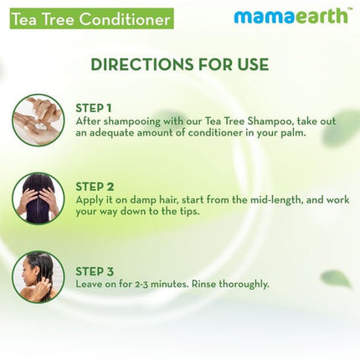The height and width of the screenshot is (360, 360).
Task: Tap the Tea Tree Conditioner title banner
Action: [x=86, y=18]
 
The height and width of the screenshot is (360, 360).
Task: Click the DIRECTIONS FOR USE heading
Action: [x=180, y=64]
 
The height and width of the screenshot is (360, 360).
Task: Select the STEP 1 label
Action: [x=95, y=108]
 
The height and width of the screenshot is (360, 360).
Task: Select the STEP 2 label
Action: [x=95, y=186]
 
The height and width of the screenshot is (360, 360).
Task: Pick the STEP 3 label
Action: [x=95, y=271]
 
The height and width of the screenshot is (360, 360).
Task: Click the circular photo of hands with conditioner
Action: [x=39, y=121]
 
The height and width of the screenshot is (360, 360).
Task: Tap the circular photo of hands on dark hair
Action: [x=39, y=198]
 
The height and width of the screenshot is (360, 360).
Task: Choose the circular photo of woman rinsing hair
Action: [x=39, y=277]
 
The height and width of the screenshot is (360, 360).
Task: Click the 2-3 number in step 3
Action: [x=139, y=284]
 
